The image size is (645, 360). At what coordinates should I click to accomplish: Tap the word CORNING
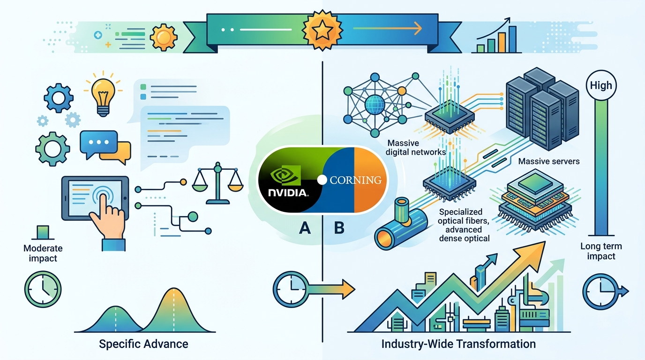(356, 180)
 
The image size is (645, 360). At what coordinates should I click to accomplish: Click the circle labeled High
(601, 85)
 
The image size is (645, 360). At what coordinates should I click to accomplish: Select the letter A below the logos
(305, 228)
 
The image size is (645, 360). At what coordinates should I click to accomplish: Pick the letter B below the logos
(339, 228)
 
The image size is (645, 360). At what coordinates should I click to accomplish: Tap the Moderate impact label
(43, 253)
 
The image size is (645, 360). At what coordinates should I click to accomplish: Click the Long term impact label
(601, 251)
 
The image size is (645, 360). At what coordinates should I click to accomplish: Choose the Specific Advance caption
(143, 344)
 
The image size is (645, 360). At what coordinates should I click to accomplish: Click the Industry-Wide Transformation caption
(458, 344)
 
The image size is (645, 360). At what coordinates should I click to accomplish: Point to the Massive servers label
(549, 161)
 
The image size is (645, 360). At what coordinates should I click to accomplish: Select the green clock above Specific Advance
(43, 289)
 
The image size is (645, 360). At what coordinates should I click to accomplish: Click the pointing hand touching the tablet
(108, 222)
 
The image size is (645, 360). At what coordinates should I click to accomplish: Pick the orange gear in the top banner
(164, 37)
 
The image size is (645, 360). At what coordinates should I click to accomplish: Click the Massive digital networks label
(415, 148)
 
